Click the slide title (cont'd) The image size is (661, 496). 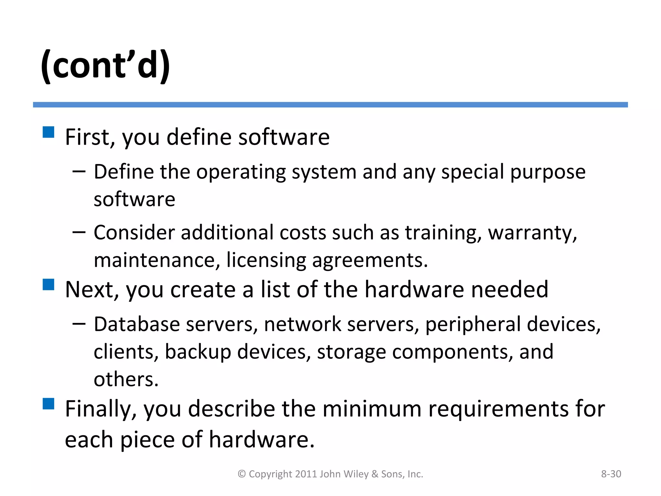105,66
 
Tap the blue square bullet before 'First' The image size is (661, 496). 48,132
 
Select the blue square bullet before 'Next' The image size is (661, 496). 48,284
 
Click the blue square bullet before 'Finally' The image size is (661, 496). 48,404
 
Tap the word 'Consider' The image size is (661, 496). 134,232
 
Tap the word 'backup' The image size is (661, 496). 198,352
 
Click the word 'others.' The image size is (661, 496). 126,379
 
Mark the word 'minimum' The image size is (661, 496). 372,409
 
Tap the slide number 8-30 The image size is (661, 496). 611,474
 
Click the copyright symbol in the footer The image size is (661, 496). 242,474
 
